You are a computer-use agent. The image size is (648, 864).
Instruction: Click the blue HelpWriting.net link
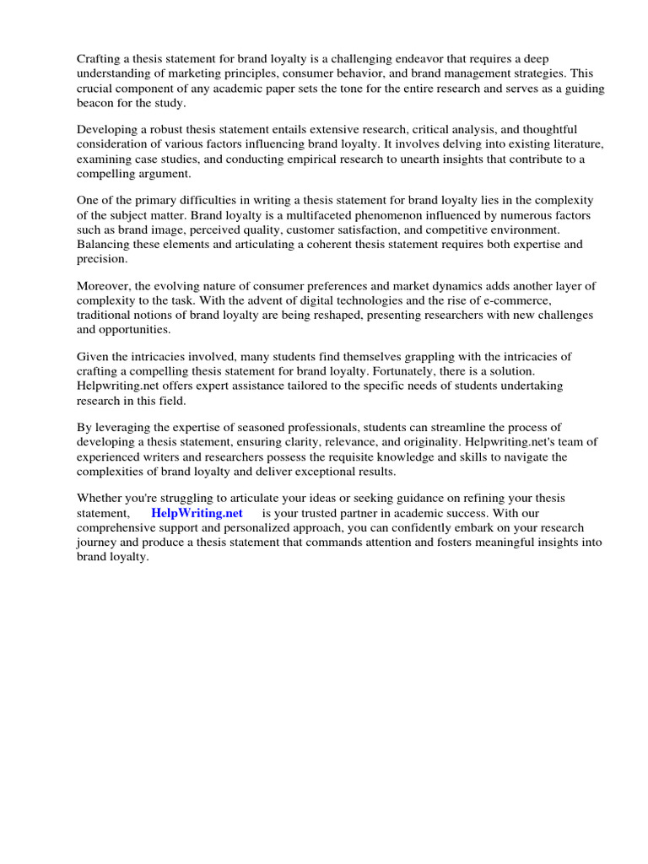click(x=197, y=512)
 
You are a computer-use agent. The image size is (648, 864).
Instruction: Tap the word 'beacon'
click(x=97, y=102)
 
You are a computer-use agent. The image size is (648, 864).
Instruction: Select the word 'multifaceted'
click(x=316, y=214)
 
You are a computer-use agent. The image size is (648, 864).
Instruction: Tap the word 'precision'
click(x=101, y=257)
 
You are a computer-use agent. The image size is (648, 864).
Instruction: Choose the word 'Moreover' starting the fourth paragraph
click(x=102, y=285)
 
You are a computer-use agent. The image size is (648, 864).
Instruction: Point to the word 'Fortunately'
click(x=397, y=370)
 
